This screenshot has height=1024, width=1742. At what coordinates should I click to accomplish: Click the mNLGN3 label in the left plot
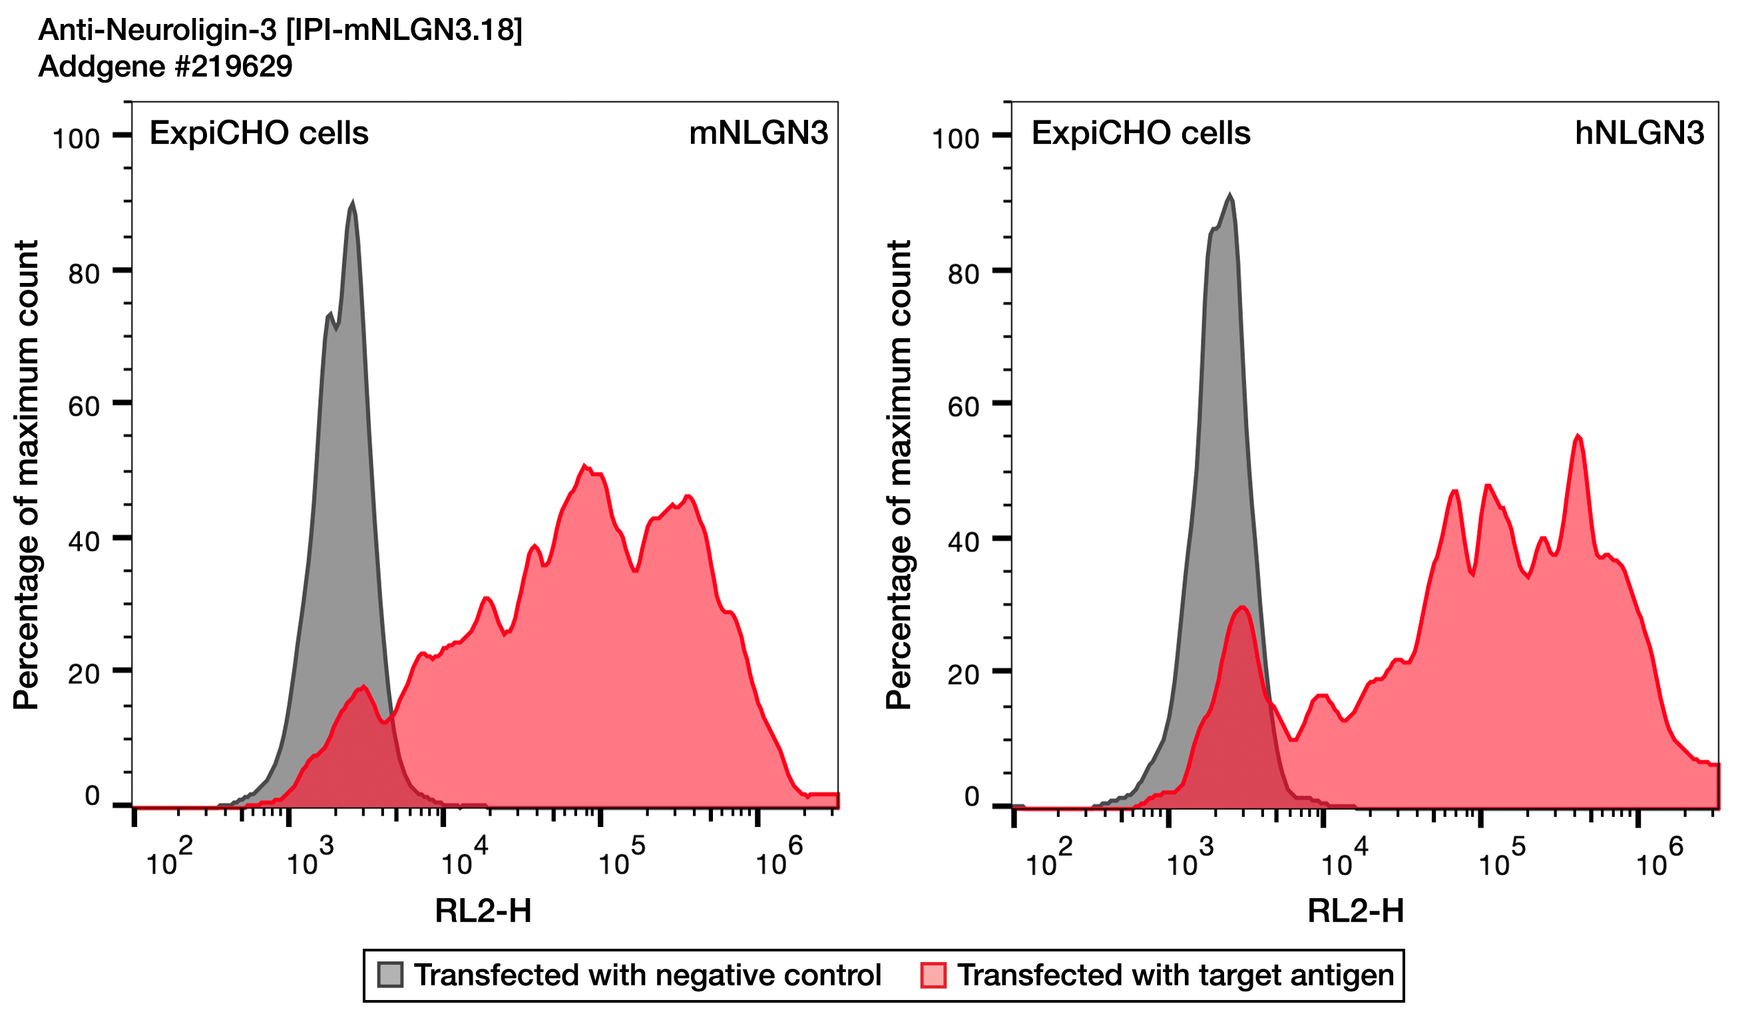(x=758, y=133)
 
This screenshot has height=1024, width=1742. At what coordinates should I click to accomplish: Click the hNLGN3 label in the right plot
(x=1639, y=133)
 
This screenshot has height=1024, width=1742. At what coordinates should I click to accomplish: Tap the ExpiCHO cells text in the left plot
(x=259, y=133)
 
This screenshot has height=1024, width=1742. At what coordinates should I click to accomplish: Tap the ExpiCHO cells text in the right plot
(x=1141, y=133)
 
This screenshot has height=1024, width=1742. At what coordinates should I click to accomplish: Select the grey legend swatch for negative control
(x=390, y=975)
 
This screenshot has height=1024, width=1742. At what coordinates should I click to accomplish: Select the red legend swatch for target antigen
(x=933, y=975)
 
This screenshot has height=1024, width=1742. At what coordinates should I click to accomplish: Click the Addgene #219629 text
(x=165, y=67)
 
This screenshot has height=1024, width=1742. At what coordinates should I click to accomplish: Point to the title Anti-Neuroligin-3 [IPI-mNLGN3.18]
(x=280, y=30)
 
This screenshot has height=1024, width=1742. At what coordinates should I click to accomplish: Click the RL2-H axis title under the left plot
(x=483, y=911)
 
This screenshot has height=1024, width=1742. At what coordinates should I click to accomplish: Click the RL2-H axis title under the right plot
(x=1355, y=911)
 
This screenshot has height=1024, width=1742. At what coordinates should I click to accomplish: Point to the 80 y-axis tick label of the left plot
(x=84, y=274)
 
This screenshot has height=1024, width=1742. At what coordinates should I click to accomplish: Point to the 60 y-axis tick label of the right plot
(x=964, y=407)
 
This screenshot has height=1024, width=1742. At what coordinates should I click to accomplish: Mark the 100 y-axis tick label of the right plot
(x=955, y=139)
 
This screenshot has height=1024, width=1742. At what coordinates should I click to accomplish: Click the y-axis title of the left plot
(x=26, y=475)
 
